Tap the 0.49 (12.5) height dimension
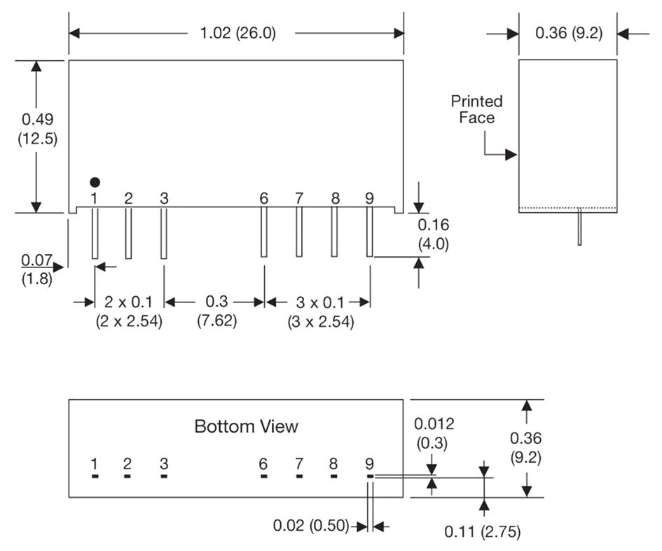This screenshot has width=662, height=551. coord(37,128)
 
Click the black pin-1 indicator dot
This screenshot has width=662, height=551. coord(95,182)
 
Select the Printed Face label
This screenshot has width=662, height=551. coord(476,109)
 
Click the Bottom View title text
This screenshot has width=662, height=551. coord(246,426)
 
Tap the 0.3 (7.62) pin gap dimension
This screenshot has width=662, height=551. coord(216,311)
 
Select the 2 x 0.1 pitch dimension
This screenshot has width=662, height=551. coord(129,312)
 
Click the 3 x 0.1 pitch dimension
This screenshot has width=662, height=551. coord(320,312)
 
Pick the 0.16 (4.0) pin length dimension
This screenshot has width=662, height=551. coord(434,235)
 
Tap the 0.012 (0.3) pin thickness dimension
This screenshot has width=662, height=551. coord(434,433)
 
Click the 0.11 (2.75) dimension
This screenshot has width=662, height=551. coord(482,531)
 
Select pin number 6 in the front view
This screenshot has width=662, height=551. coord(263,198)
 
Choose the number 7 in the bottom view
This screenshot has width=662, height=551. coord(299,463)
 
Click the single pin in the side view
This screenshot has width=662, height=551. coord(579,228)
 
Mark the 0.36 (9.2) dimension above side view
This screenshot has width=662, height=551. coord(568,33)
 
